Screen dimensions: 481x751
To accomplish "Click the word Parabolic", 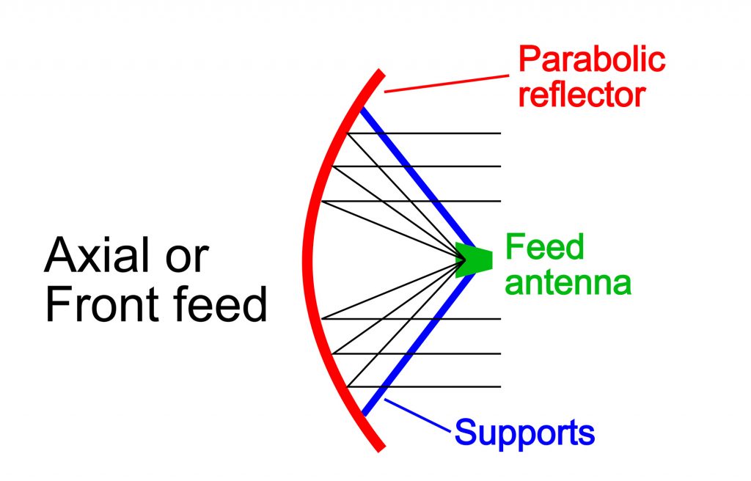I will [x=592, y=59].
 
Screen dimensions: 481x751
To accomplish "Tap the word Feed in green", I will [x=544, y=248].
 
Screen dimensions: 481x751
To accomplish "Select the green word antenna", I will [x=568, y=282].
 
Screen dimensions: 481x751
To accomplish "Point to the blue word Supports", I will [x=524, y=433].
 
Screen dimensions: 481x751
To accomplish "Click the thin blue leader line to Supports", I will [x=418, y=416].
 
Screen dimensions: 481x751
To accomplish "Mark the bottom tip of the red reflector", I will [x=379, y=448].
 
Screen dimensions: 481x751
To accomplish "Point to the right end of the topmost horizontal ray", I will [x=500, y=133].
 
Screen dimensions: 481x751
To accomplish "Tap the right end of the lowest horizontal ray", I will [x=500, y=386].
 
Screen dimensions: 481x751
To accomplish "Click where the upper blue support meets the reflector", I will [x=360, y=110].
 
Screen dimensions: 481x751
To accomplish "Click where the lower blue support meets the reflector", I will [x=363, y=414].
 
